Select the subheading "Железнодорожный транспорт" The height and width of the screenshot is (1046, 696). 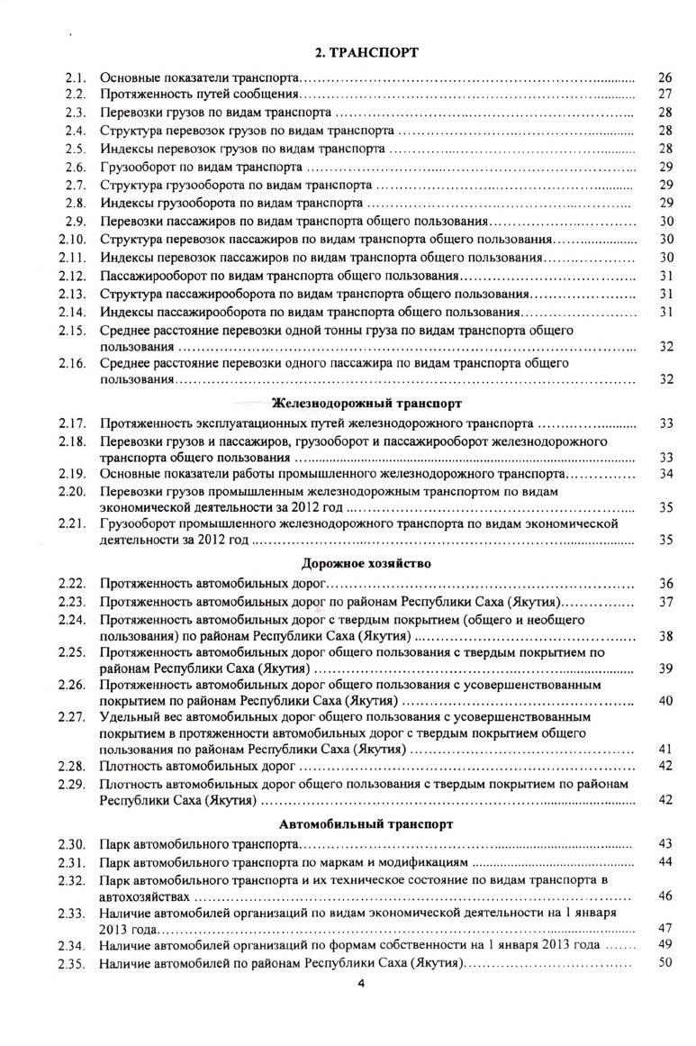(x=367, y=403)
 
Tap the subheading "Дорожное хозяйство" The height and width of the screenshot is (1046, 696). (x=366, y=563)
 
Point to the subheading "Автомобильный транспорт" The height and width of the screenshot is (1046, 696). (x=366, y=823)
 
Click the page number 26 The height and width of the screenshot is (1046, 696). (x=666, y=78)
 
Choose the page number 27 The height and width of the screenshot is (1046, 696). (x=666, y=95)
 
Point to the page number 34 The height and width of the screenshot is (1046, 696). (x=666, y=474)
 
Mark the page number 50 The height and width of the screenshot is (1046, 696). (x=666, y=963)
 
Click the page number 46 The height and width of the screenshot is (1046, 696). (x=666, y=896)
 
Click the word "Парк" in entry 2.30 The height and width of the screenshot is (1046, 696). (x=114, y=844)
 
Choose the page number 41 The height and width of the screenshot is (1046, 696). (x=666, y=749)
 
